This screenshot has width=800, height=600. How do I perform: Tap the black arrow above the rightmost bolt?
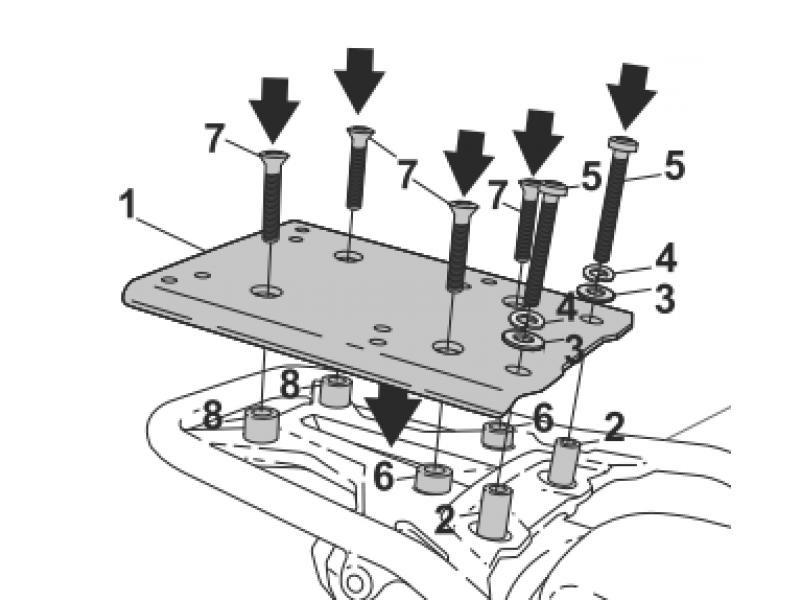(x=632, y=95)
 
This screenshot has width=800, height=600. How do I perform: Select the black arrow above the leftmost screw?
(x=274, y=110)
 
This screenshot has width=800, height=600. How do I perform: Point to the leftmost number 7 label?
(x=214, y=139)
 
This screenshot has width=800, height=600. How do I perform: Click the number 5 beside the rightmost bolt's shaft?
(x=673, y=165)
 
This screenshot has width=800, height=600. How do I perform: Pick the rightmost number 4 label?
(x=666, y=259)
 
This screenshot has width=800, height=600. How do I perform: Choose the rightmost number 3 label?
(x=664, y=298)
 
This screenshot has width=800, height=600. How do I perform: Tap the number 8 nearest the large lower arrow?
(x=290, y=384)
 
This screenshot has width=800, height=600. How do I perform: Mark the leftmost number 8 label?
(x=213, y=415)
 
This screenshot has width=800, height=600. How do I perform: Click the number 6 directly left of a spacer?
(x=384, y=477)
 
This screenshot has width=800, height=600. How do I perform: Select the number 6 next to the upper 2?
(x=543, y=417)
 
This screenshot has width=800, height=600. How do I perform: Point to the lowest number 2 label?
(x=445, y=520)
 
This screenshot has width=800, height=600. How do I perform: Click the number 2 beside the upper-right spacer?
(x=614, y=427)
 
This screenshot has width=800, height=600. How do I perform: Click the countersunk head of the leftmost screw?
(x=274, y=156)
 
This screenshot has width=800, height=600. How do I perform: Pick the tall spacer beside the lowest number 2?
(x=496, y=511)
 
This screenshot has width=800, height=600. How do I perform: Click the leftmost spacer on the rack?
(x=262, y=423)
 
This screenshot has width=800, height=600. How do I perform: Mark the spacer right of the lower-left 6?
(x=433, y=479)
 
